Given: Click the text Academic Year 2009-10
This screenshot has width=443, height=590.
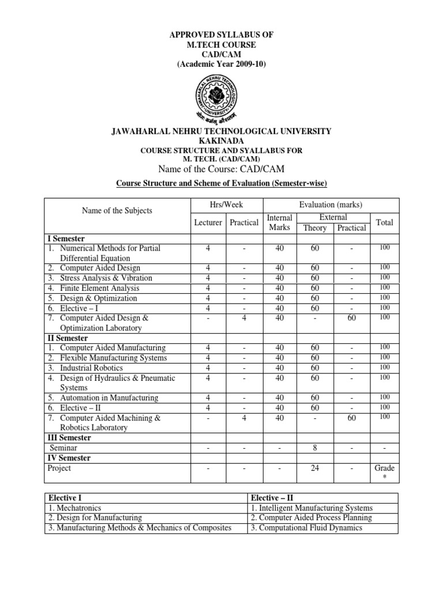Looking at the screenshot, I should tap(221, 65).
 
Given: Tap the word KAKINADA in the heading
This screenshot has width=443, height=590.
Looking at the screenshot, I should tap(221, 141).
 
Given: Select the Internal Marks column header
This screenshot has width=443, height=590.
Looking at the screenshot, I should tap(280, 222).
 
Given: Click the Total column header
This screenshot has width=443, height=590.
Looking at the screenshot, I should tap(384, 222).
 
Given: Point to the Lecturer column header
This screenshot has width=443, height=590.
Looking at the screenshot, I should tap(207, 222).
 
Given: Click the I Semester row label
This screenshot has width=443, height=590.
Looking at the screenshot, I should tap(66, 238).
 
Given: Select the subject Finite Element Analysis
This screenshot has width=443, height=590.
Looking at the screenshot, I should tap(99, 288).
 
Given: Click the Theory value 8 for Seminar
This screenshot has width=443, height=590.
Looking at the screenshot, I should tap(315, 448).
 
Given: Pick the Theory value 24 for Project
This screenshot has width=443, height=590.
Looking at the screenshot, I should tap(315, 468).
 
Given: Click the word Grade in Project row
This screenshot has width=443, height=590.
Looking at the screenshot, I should tap(384, 468).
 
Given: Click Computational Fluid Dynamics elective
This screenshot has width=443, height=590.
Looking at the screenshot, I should tap(306, 528).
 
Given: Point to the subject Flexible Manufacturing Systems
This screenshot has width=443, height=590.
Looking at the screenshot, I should tap(114, 358).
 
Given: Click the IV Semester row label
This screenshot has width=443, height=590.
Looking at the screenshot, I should tap(69, 458).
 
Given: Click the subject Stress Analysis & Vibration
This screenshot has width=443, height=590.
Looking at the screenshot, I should tap(106, 278).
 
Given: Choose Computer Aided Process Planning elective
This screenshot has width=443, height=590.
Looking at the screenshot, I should tap(311, 518).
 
